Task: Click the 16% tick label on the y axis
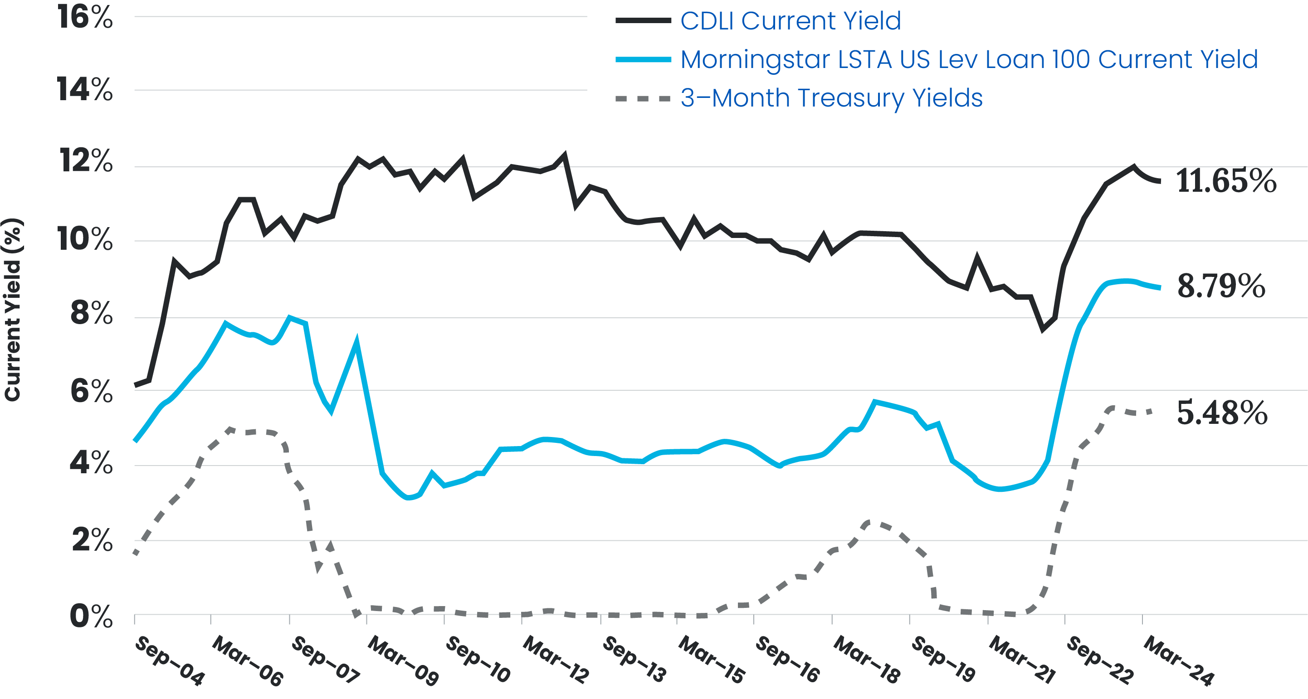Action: pyautogui.click(x=85, y=17)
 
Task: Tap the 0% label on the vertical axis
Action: pyautogui.click(x=92, y=617)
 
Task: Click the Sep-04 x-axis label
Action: pyautogui.click(x=170, y=660)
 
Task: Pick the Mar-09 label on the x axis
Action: pyautogui.click(x=404, y=660)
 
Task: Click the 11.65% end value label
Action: pyautogui.click(x=1226, y=181)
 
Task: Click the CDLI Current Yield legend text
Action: pyautogui.click(x=791, y=21)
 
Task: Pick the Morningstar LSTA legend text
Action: pyautogui.click(x=969, y=59)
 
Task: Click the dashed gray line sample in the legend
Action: pyautogui.click(x=643, y=98)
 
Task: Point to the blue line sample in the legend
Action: pyautogui.click(x=643, y=60)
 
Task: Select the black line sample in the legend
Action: pyautogui.click(x=643, y=21)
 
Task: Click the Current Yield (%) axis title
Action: pyautogui.click(x=13, y=310)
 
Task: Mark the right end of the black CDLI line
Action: pyautogui.click(x=1160, y=181)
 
